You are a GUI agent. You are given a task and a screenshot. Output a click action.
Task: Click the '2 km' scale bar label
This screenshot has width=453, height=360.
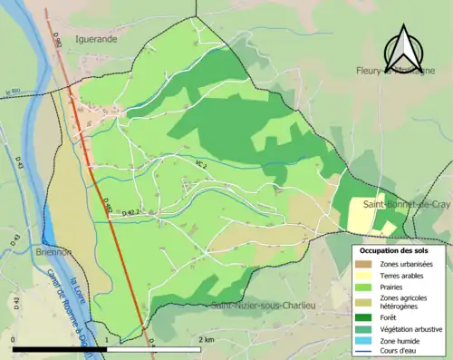(x=206, y=338)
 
